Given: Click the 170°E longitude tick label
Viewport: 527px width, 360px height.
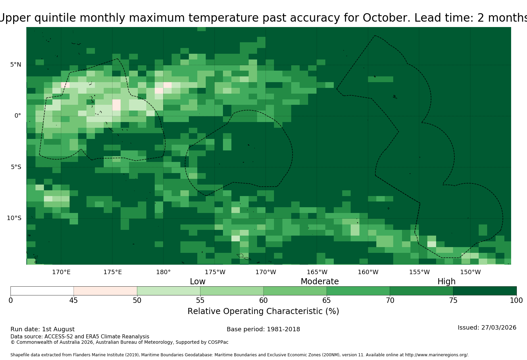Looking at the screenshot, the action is coord(61,272).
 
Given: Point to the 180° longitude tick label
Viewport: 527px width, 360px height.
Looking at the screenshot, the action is coord(163,272).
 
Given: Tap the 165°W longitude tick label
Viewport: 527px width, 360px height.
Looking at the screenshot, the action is coord(317,272).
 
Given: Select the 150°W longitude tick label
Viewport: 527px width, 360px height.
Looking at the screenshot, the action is coord(470,272).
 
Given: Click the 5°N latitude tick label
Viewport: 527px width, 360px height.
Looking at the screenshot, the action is coord(16,65).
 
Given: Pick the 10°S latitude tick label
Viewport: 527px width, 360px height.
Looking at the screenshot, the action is coord(14,218).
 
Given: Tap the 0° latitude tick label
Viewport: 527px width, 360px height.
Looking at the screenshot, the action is coord(18,116).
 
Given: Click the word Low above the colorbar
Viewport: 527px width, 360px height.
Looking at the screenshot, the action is coord(198,281).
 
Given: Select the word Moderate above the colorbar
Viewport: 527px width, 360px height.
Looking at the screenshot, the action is coord(320,281).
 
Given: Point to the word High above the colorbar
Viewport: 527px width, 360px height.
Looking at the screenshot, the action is coord(446,282).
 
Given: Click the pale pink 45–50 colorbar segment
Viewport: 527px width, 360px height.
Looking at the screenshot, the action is coord(105,291).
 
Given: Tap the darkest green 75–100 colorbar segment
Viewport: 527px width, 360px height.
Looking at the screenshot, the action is coord(485,291).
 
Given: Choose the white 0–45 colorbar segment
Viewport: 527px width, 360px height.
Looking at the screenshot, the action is coord(42,291).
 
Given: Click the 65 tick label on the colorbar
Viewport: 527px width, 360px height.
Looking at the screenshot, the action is coord(327,301).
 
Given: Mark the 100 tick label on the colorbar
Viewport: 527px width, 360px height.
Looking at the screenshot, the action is coord(517,301).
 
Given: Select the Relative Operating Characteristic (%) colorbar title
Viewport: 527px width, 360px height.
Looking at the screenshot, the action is coord(263,311).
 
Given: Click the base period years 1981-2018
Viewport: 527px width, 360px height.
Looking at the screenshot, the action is coord(283,329).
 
